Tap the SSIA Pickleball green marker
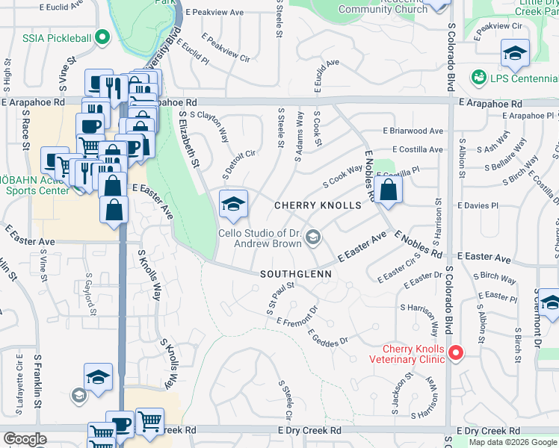(x=102, y=37)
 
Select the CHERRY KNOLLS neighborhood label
(x=318, y=205)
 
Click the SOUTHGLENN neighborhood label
(x=295, y=274)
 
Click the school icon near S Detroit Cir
(x=233, y=204)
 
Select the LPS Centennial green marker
(x=476, y=78)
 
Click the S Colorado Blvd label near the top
(x=451, y=56)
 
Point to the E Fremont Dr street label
(x=297, y=314)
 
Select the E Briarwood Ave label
(x=413, y=131)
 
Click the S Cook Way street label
(x=342, y=177)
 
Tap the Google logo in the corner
(x=25, y=439)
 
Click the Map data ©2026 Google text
(x=512, y=442)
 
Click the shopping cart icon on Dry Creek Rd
(x=150, y=421)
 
